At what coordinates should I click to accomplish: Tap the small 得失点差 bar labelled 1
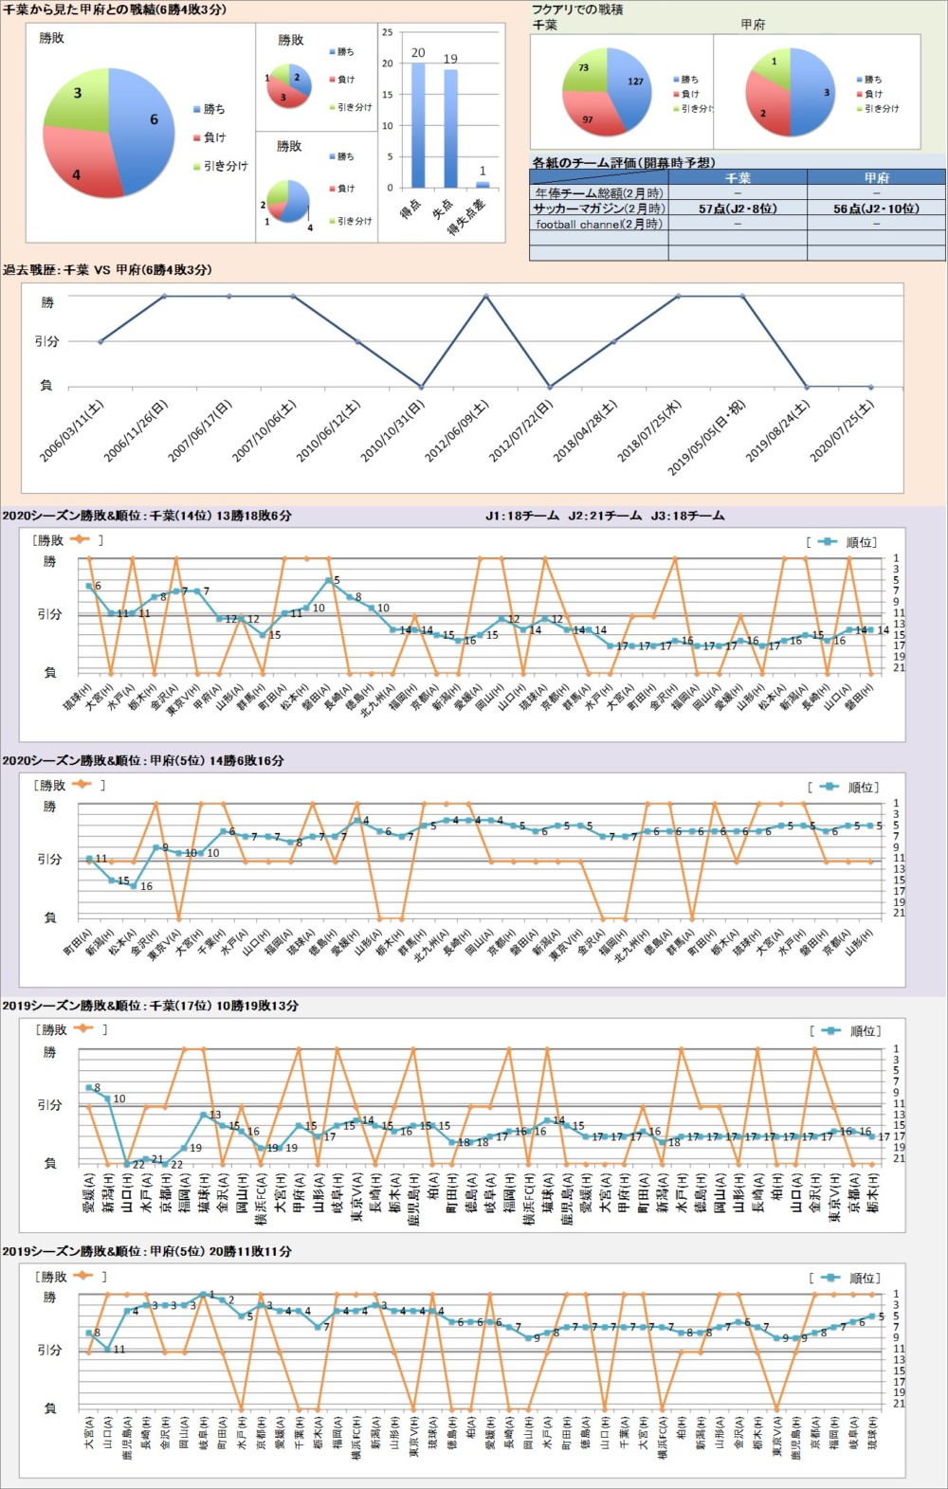483,184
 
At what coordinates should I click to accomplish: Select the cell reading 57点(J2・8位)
738,209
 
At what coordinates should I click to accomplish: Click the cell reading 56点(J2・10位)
876,209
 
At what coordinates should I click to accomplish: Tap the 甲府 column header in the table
876,177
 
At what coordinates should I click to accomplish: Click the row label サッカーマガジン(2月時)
598,209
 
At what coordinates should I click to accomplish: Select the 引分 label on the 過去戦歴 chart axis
46,341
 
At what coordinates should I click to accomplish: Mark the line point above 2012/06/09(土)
486,296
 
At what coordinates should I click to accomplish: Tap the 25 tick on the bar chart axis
387,32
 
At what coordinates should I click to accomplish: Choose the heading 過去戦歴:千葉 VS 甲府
107,270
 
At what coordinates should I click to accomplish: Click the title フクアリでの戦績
577,9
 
